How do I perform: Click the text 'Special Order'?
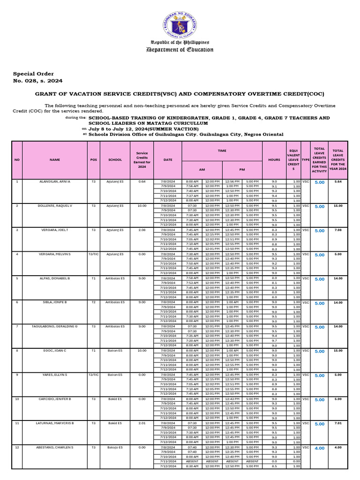pos(33,74)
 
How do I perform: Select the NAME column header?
pos(55,160)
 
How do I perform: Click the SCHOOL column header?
pos(115,160)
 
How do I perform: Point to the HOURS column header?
pos(274,160)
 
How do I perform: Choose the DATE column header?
pos(168,160)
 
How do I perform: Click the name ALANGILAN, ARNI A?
pos(55,181)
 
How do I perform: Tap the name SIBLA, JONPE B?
pos(55,302)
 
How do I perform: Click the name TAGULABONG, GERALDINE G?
pos(55,327)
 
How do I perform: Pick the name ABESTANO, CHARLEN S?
pos(55,448)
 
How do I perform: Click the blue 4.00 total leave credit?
pos(319,448)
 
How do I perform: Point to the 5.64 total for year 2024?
pos(337,181)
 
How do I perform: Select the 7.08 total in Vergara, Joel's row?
pos(337,230)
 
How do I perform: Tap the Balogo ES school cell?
pos(115,448)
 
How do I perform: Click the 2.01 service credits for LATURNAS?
pos(142,423)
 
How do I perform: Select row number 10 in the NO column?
pos(17,399)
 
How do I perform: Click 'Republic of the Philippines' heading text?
pos(180,42)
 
